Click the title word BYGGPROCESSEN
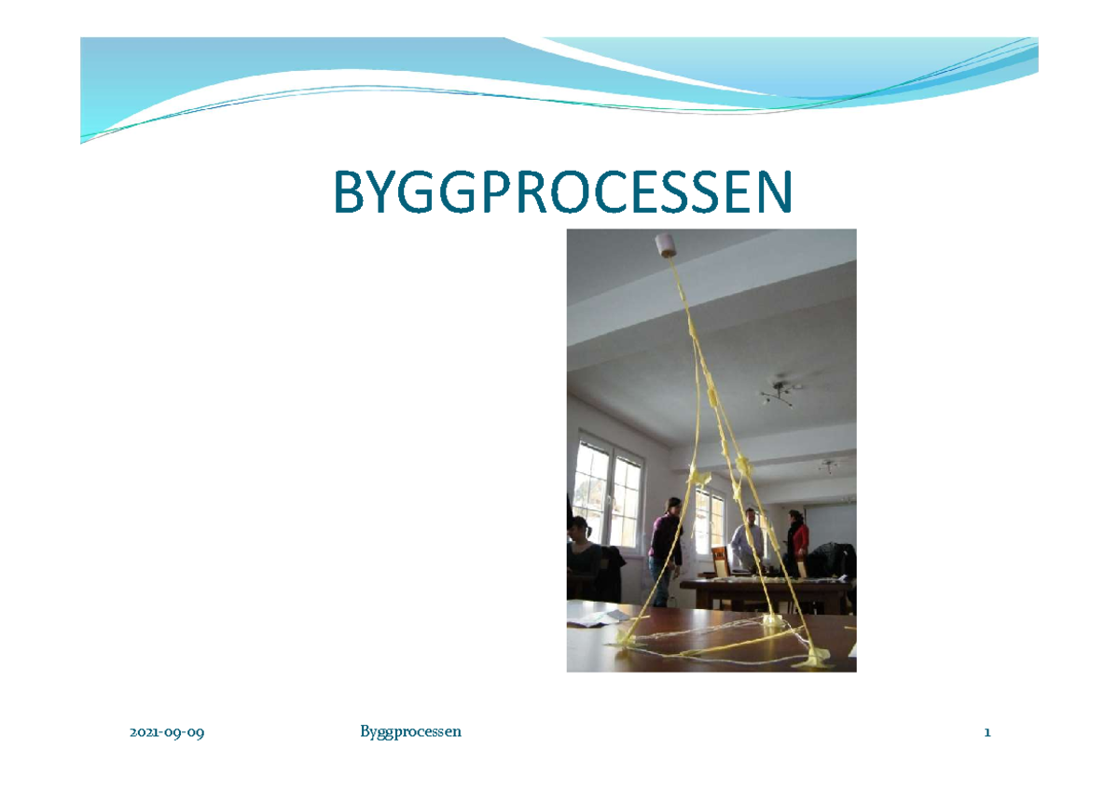point(563,192)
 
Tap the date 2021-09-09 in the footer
point(167,733)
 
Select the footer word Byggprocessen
point(410,732)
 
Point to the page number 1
point(987,733)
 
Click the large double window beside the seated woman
point(607,490)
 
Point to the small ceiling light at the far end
point(828,465)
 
